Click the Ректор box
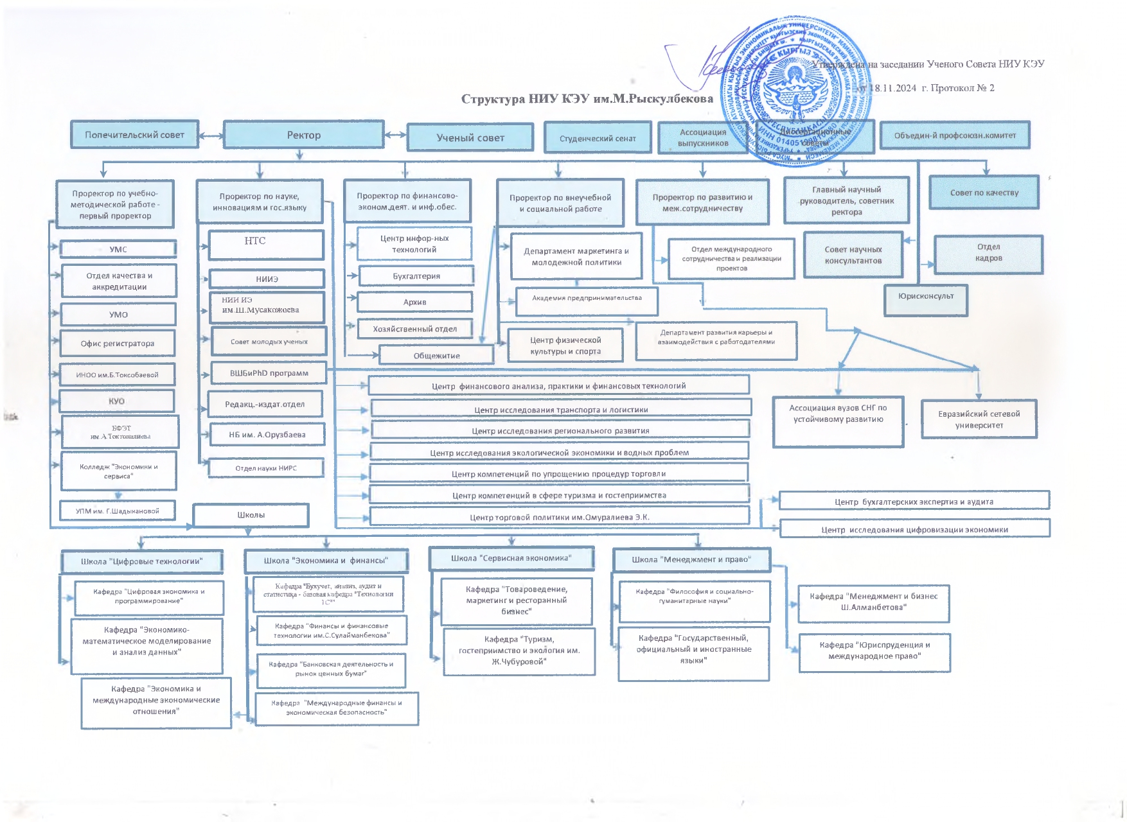pos(303,135)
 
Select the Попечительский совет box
pos(134,135)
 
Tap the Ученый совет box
pos(470,137)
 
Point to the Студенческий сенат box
pos(598,138)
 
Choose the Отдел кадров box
pos(988,254)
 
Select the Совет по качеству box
pos(984,193)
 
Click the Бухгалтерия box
pos(416,276)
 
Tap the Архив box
pos(415,302)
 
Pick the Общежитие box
pos(437,355)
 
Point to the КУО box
pos(116,401)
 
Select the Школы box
pos(251,515)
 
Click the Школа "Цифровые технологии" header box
pos(142,561)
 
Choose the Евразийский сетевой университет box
pos(979,419)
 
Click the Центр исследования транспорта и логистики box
pos(561,409)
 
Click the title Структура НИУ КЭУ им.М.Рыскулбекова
pos(587,99)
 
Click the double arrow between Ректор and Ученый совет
pos(396,135)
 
